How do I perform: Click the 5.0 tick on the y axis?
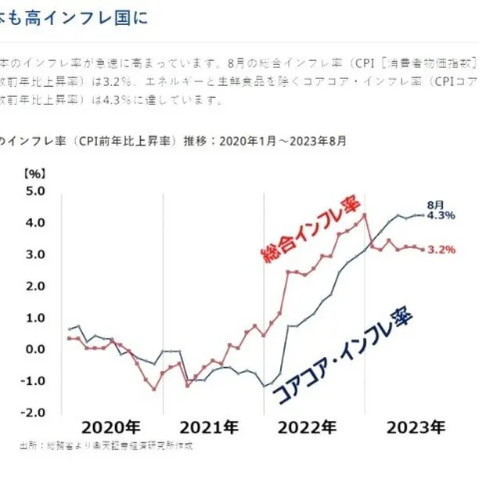click(37, 191)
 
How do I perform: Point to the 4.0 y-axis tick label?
click(37, 223)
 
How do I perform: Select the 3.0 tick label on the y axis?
click(37, 254)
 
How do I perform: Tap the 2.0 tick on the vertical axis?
click(37, 286)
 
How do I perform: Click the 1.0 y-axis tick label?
click(37, 318)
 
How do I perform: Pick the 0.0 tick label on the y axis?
click(37, 349)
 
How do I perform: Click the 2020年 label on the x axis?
click(111, 427)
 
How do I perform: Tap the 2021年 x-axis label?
click(209, 427)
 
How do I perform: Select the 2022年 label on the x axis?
click(307, 427)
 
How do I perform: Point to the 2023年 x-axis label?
click(416, 427)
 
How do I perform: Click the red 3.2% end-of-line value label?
click(441, 250)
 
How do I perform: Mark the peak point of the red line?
click(364, 214)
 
